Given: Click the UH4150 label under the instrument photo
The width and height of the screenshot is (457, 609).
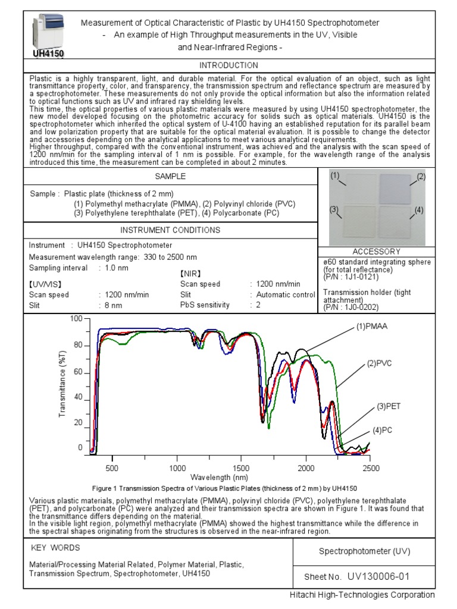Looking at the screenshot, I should [48, 53].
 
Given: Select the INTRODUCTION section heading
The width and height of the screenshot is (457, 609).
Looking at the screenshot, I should [228, 65].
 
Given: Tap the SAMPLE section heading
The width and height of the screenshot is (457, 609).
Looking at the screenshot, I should [170, 176].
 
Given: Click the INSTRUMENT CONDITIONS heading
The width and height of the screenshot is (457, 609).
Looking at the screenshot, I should [170, 230].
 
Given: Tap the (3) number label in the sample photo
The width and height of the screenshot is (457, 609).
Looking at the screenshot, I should [334, 209].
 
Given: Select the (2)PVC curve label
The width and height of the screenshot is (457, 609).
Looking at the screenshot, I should [380, 363].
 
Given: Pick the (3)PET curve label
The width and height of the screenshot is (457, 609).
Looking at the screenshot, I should [388, 407].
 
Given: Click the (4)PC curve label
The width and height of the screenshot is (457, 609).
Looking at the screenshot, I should [384, 430].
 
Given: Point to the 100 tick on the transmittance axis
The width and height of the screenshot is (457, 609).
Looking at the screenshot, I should [76, 319].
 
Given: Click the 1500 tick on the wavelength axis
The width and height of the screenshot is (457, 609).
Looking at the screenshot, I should [242, 468].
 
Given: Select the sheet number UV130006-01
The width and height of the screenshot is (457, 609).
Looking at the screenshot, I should [378, 576].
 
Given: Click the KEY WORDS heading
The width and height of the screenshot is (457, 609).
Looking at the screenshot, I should [55, 548].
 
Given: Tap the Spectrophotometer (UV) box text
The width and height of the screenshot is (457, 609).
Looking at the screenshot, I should [364, 551].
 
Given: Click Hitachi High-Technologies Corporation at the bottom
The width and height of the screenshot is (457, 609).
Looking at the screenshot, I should [362, 595].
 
